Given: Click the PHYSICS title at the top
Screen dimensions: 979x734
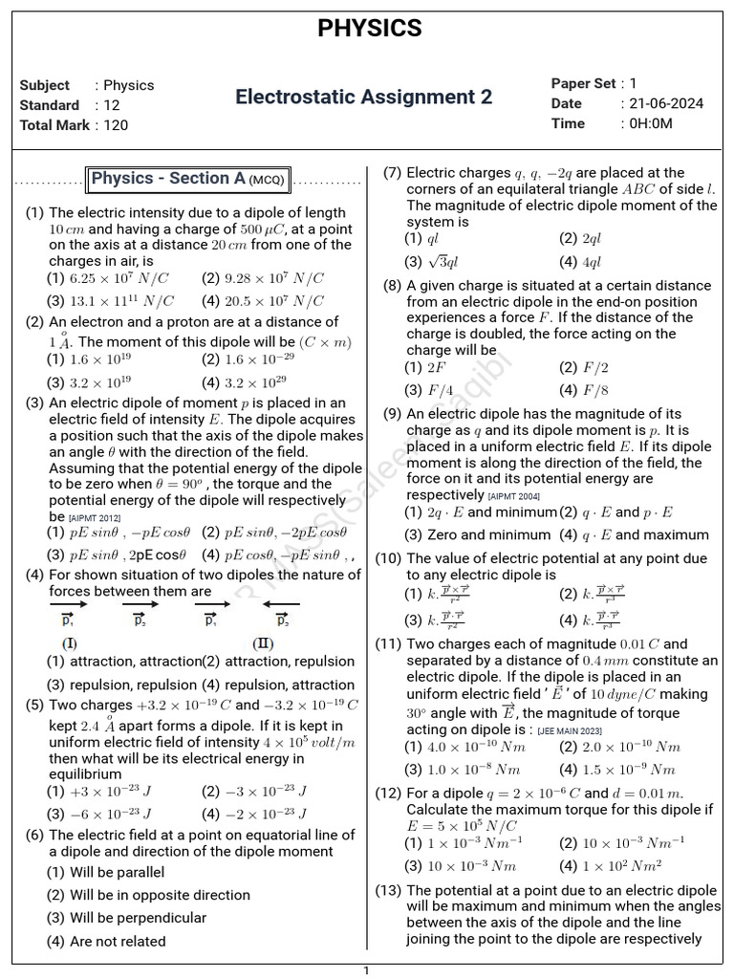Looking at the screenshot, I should [369, 29].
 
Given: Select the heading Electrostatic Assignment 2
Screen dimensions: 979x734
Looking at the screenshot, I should [364, 98].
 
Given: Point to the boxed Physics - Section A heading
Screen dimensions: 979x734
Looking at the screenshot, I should [188, 179].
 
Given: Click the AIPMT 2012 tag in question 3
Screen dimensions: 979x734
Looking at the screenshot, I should [95, 517].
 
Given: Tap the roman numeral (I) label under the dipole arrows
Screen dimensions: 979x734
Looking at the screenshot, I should [70, 642].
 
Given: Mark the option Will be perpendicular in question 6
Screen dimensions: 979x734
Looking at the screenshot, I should [138, 918].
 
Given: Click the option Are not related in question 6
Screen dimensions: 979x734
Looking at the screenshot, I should [118, 941].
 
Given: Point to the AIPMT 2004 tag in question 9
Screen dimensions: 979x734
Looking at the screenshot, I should [514, 496].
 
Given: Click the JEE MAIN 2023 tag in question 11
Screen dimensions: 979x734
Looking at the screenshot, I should [572, 729].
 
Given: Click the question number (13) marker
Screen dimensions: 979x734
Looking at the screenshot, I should [388, 890].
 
